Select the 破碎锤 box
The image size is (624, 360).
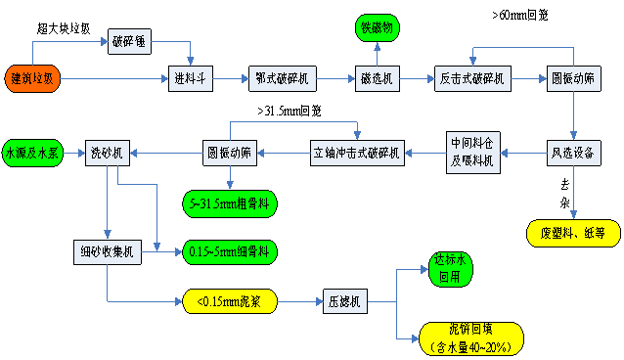pos(130,43)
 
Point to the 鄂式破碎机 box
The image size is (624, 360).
pos(282,78)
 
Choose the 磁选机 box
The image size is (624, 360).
pos(377,78)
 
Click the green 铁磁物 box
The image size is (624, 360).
pos(378,28)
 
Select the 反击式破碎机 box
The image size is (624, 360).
pos(472,78)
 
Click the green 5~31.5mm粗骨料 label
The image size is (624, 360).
pos(231,203)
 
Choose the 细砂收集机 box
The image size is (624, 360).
pos(107,251)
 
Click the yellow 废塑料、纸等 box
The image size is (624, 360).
pos(572,233)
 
